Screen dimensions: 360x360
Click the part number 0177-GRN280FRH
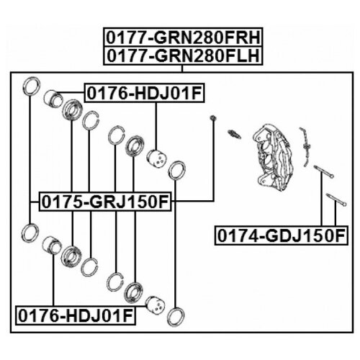(183, 37)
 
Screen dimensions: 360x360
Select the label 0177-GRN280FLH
(183, 55)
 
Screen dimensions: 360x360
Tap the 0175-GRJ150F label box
(105, 202)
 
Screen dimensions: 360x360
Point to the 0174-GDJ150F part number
(281, 235)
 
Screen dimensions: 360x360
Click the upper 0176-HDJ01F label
(144, 93)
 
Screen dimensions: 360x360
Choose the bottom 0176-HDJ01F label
(76, 315)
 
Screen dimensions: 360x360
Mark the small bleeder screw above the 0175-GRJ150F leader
(212, 118)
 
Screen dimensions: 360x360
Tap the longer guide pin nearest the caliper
(323, 172)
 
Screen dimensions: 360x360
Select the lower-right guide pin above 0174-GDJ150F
(336, 199)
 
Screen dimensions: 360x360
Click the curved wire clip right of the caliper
(305, 147)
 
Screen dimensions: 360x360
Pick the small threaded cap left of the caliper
(234, 134)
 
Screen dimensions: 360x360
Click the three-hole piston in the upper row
(156, 158)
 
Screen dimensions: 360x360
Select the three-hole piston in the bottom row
(156, 305)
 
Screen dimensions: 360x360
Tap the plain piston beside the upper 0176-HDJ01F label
(53, 99)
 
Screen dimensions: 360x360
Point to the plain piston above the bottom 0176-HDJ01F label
(52, 246)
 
